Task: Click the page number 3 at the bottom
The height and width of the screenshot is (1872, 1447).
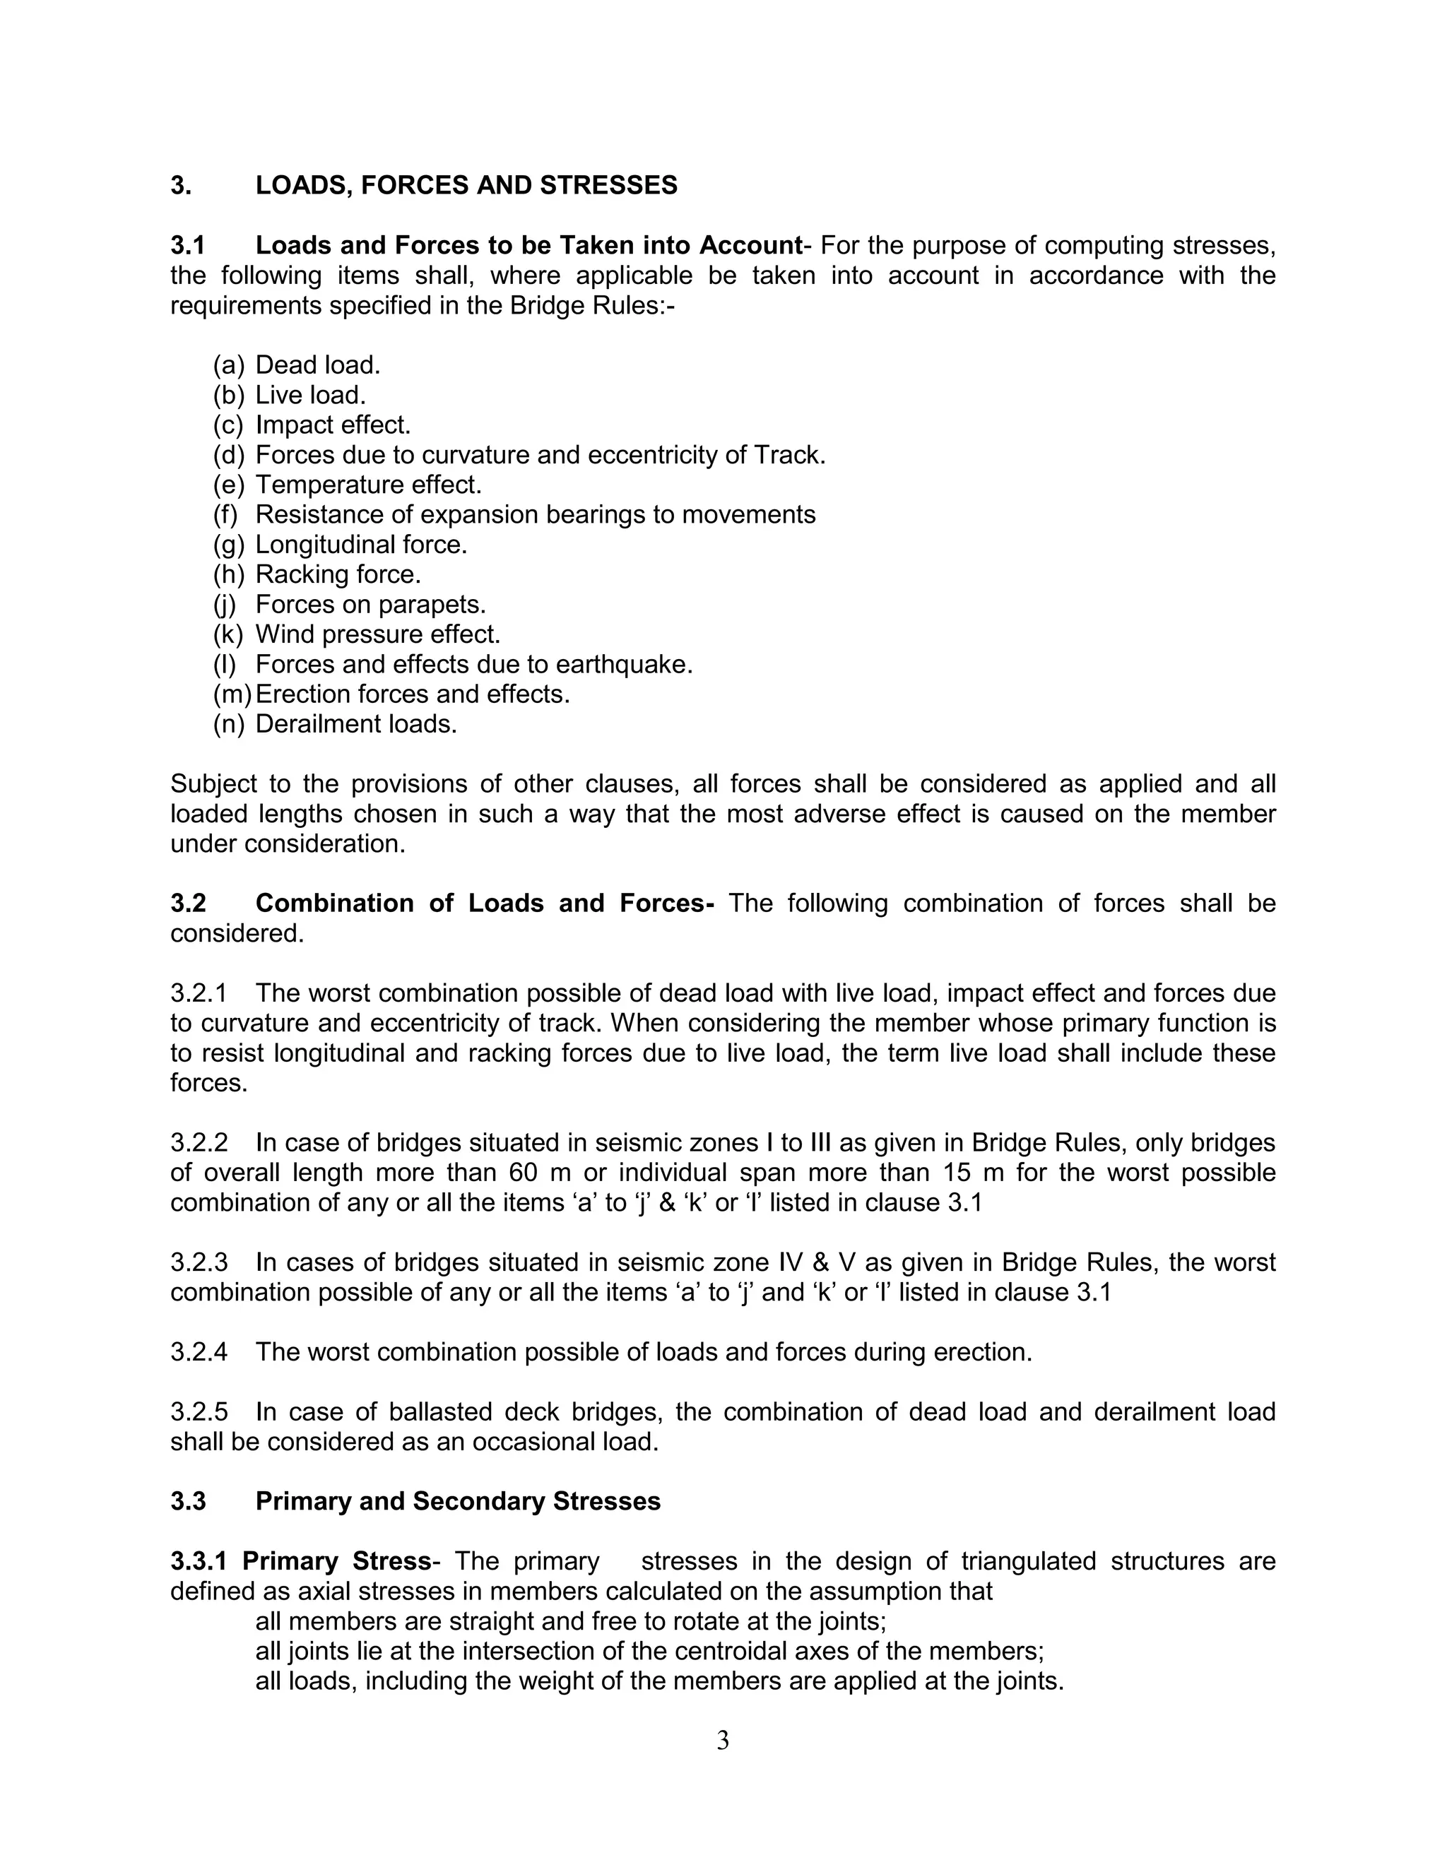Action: [x=723, y=1741]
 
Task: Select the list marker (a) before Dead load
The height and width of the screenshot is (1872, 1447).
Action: [x=229, y=365]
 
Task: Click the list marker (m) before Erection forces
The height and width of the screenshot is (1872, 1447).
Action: [x=232, y=694]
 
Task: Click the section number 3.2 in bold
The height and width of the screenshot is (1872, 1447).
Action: [x=189, y=904]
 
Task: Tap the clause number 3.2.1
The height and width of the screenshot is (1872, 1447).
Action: [x=199, y=993]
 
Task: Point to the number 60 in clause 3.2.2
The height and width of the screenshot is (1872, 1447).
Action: [x=523, y=1173]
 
